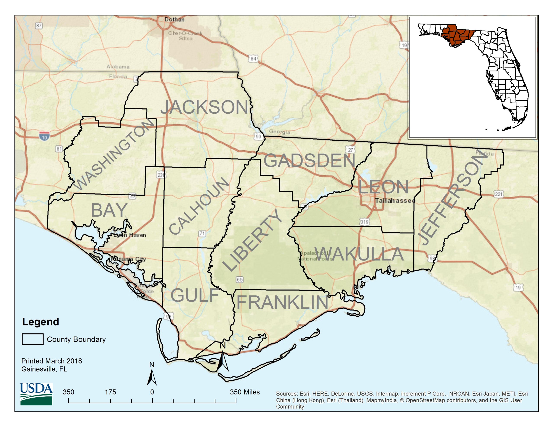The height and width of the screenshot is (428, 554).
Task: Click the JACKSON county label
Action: pyautogui.click(x=205, y=107)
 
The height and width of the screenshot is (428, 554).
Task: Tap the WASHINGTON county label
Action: pyautogui.click(x=115, y=154)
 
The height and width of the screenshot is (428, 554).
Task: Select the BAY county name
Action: pyautogui.click(x=109, y=210)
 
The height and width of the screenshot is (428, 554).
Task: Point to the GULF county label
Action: pyautogui.click(x=195, y=295)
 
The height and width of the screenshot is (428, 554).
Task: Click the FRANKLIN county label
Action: pyautogui.click(x=282, y=303)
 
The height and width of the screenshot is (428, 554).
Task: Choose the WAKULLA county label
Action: pyautogui.click(x=359, y=254)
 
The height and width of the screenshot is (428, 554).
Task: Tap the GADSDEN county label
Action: pyautogui.click(x=309, y=161)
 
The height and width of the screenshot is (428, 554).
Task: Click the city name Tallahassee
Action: pyautogui.click(x=395, y=201)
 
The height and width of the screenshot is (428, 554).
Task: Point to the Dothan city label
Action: pyautogui.click(x=174, y=19)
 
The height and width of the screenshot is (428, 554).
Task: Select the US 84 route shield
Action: pyautogui.click(x=253, y=59)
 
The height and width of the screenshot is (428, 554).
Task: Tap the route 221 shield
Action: pyautogui.click(x=498, y=194)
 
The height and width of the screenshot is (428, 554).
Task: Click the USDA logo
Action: pyautogui.click(x=36, y=394)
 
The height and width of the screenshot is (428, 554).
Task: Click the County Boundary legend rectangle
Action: pyautogui.click(x=32, y=339)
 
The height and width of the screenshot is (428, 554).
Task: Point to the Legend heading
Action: pyautogui.click(x=41, y=322)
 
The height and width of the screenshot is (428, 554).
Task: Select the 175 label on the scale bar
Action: pyautogui.click(x=110, y=392)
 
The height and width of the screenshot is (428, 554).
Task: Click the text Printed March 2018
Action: pyautogui.click(x=52, y=361)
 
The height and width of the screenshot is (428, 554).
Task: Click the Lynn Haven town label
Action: pyautogui.click(x=130, y=235)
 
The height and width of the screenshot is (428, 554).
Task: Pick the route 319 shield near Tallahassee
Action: pyautogui.click(x=364, y=222)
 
